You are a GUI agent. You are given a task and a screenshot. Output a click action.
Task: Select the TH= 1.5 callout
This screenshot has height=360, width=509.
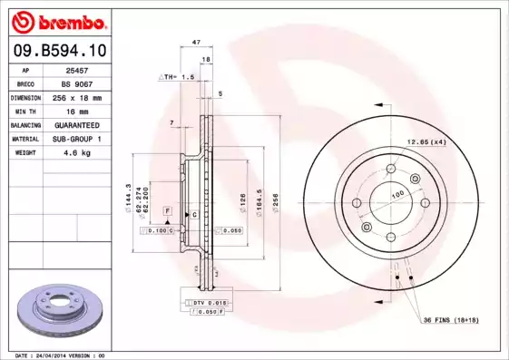[x=178, y=78]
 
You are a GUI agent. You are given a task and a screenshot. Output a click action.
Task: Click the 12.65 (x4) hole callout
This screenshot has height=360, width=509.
[x=426, y=142]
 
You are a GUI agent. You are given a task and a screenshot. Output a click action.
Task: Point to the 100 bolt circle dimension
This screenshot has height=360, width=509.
[x=396, y=195]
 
